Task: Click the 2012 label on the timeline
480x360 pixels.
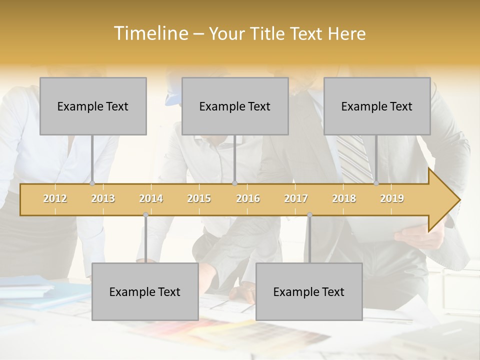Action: pos(55,198)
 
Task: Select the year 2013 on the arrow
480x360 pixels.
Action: pos(103,198)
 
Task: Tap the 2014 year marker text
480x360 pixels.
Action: pos(151,198)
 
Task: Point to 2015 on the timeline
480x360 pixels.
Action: pos(199,198)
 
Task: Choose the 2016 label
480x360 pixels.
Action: pos(248,198)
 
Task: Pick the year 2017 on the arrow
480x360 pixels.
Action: pos(296,198)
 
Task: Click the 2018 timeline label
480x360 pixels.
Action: pos(344,198)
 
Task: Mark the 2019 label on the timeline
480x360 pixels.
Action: pos(392,198)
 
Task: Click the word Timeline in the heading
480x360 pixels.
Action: pos(150,33)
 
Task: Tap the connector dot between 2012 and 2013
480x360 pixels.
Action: pos(92,183)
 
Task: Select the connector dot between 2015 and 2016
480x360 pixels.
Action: pos(234,183)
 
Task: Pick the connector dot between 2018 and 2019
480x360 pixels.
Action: pos(376,183)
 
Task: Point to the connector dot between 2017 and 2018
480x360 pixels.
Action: pos(309,215)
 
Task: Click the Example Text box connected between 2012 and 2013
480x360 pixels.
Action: pos(93,106)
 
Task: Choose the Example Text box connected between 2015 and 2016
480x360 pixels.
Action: pos(235,106)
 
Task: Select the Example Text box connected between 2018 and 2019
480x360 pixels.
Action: pos(377,106)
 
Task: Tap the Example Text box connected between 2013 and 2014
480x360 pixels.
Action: pos(145,291)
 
